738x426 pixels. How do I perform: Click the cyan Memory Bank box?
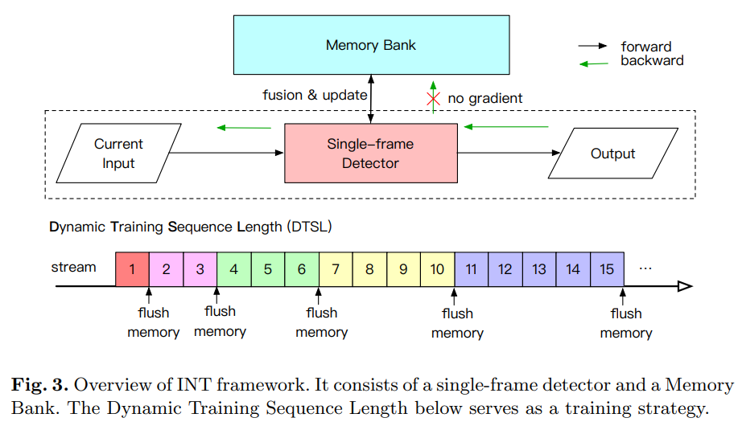coord(371,45)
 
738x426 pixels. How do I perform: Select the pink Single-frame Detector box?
coord(371,154)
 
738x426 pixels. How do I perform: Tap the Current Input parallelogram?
coord(118,154)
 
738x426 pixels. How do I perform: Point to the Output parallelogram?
coord(612,154)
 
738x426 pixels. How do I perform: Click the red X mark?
coord(433,99)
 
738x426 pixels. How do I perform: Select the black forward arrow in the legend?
coord(592,46)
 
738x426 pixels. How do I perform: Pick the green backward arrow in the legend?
coord(593,63)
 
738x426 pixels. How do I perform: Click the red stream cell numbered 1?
coord(132,269)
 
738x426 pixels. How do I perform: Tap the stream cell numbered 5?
coord(268,269)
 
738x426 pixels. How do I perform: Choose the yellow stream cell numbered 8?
coord(369,269)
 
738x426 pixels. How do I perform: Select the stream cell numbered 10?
coord(437,269)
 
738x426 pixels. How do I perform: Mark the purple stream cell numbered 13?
coord(539,269)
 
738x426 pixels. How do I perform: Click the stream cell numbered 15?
coord(607,269)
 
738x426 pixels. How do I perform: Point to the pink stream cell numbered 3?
coord(200,269)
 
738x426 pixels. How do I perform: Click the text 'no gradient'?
coord(484,98)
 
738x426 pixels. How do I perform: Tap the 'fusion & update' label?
coord(315,95)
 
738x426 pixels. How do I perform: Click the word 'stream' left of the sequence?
coord(73,267)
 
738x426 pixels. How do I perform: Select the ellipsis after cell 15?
coord(645,268)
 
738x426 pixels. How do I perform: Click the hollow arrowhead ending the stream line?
coord(685,286)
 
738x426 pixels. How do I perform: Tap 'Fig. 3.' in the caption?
coord(40,385)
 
